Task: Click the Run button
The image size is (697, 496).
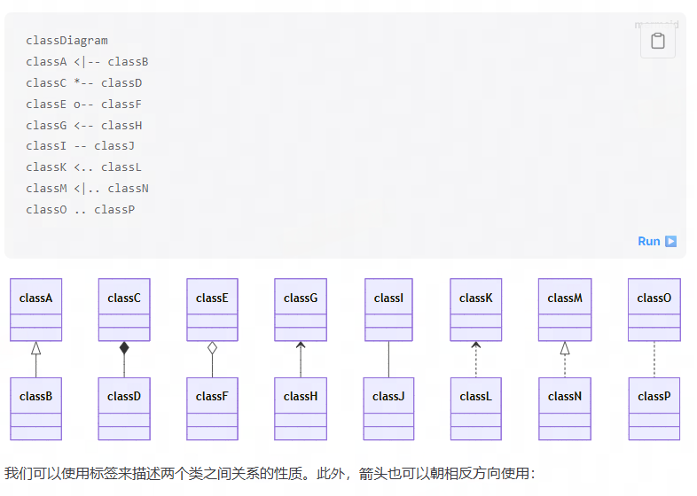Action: click(x=657, y=241)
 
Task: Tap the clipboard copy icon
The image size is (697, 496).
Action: click(x=658, y=41)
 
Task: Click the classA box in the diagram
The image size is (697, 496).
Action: click(x=36, y=309)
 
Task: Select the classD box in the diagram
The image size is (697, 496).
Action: click(x=124, y=407)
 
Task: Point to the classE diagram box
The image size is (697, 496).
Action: click(x=213, y=309)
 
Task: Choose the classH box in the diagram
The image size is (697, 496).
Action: click(x=301, y=407)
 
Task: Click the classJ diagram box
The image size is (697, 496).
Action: click(x=388, y=407)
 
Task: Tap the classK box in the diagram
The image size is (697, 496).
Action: click(x=476, y=309)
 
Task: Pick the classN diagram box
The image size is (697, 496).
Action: click(x=565, y=407)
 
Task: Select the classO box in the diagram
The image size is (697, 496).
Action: click(x=654, y=309)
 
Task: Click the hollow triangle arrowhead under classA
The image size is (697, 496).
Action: click(x=36, y=347)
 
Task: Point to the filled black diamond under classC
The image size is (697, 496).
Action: click(x=124, y=348)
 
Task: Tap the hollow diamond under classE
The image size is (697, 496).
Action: click(x=213, y=348)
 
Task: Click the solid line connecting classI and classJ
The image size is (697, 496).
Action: click(x=388, y=360)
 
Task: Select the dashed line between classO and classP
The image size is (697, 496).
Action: click(x=654, y=360)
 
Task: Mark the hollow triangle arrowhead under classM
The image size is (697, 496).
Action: click(x=565, y=347)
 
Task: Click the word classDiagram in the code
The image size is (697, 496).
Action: click(x=67, y=41)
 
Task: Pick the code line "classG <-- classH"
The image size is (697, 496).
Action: click(x=84, y=126)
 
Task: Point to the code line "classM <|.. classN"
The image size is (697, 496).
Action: click(x=87, y=189)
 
